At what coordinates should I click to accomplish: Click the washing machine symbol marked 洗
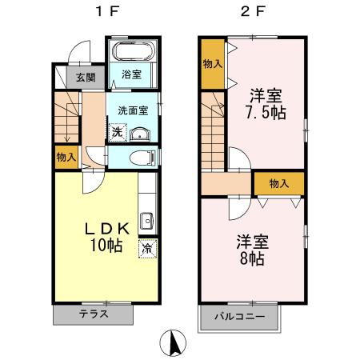[117, 132]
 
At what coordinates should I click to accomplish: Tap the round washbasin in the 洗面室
[141, 133]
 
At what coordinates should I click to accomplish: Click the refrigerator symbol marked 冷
[147, 249]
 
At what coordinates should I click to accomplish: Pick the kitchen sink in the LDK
[146, 220]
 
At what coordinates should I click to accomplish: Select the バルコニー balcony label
[238, 315]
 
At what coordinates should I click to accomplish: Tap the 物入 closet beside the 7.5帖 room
[212, 62]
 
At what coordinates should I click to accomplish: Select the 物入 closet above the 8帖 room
[278, 183]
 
